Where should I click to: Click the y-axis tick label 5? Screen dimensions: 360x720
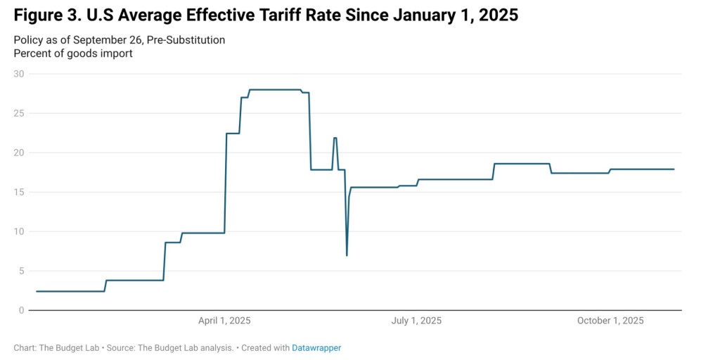point(21,271)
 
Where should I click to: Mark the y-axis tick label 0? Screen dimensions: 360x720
point(21,310)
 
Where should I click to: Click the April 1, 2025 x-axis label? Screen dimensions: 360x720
point(224,321)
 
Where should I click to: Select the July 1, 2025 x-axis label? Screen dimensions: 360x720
point(416,321)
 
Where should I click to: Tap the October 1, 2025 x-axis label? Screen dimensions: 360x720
point(610,321)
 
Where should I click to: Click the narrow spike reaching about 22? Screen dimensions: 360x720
point(335,138)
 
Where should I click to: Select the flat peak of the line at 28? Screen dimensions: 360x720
point(274,89)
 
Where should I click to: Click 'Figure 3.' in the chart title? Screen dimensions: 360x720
point(44,15)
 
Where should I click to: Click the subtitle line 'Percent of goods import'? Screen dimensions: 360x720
point(73,53)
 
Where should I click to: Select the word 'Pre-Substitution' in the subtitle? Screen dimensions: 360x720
point(188,40)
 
